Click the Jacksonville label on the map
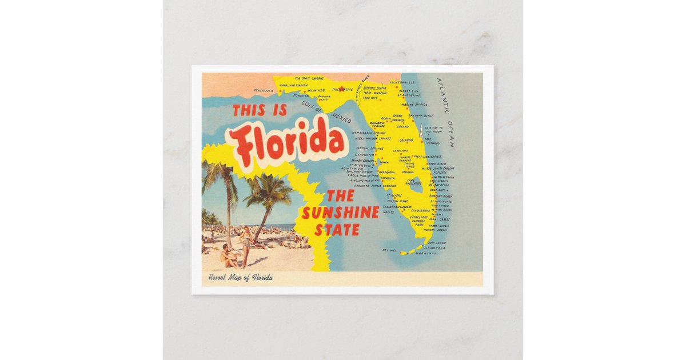tap(402, 82)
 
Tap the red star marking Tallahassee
tap(342, 89)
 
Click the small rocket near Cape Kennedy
tap(421, 130)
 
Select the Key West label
tap(390, 250)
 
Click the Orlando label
tap(406, 140)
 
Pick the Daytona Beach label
tap(429, 115)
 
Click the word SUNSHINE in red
tap(340, 213)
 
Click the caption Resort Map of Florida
tap(240, 278)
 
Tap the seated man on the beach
tap(229, 255)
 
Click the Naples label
tap(388, 212)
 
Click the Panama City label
tap(325, 98)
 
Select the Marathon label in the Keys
tap(426, 253)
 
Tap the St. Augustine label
tap(409, 95)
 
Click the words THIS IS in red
tap(260, 110)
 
